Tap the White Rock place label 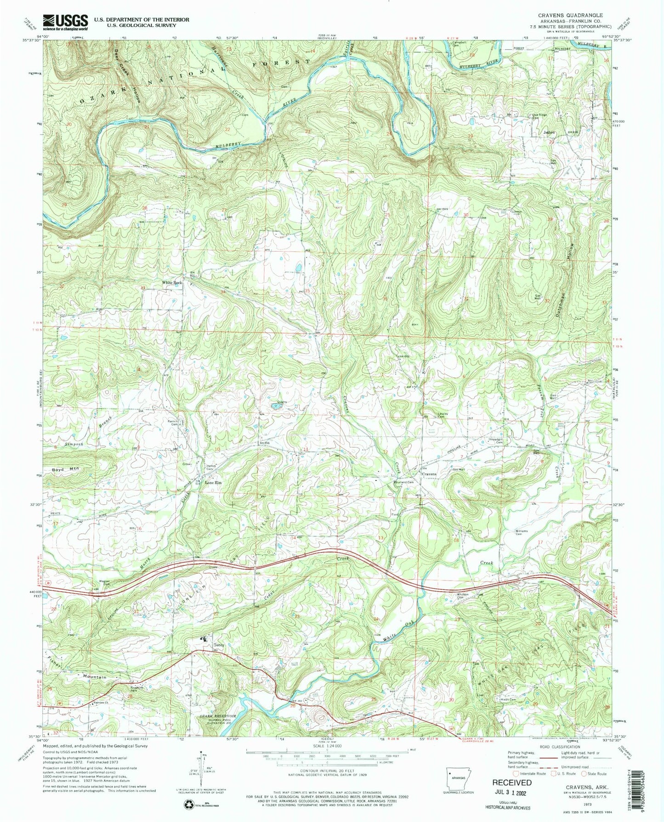click(x=171, y=283)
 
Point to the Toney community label click(x=219, y=645)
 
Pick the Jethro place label click(x=549, y=132)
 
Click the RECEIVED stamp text click(x=512, y=782)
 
